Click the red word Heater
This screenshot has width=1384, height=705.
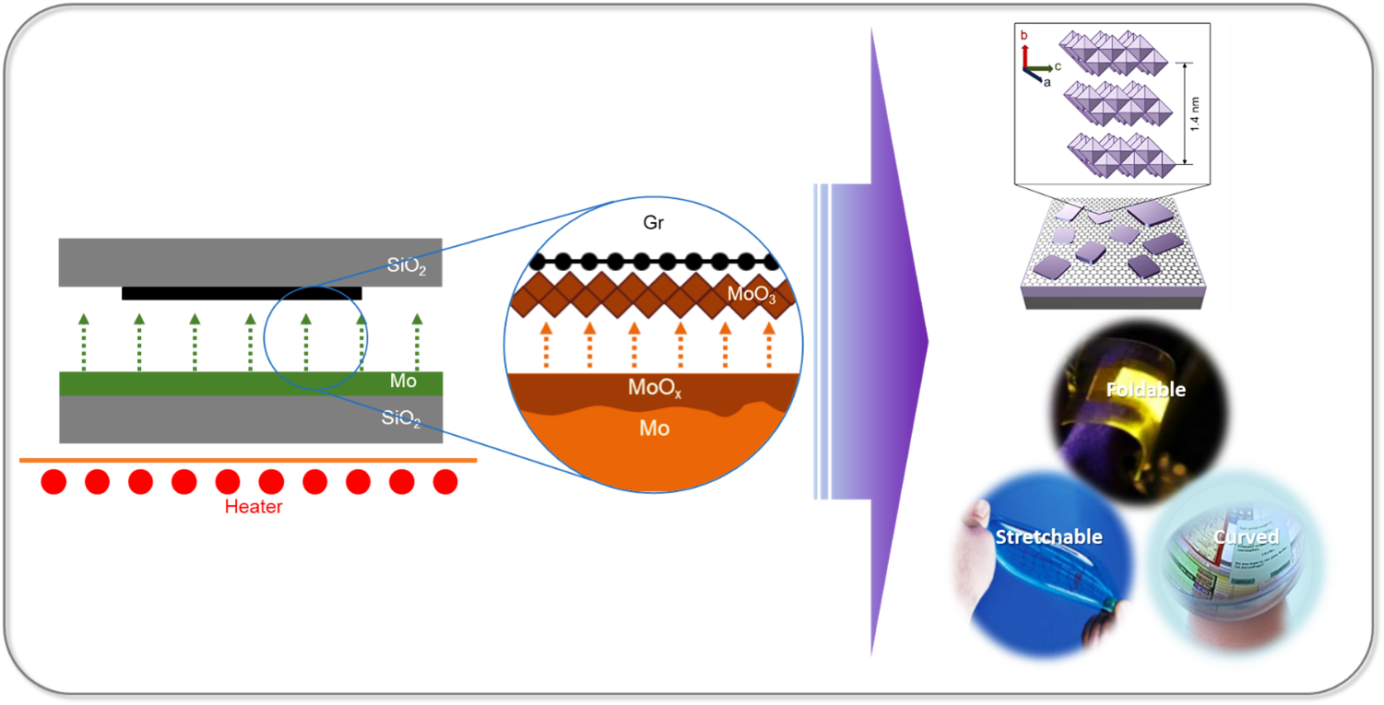(x=254, y=506)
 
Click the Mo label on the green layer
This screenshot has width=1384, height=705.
(x=403, y=382)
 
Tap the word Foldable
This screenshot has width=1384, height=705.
(x=1146, y=390)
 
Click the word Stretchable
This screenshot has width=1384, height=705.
(x=1048, y=536)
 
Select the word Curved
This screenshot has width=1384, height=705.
(x=1246, y=536)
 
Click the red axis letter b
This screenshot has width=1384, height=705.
(x=1023, y=35)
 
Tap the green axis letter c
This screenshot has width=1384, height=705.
(x=1058, y=66)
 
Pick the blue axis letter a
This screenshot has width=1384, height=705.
(x=1047, y=82)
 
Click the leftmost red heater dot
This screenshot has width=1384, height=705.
(x=53, y=482)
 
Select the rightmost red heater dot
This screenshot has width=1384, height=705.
(x=445, y=482)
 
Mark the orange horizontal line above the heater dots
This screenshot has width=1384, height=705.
(x=249, y=459)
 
